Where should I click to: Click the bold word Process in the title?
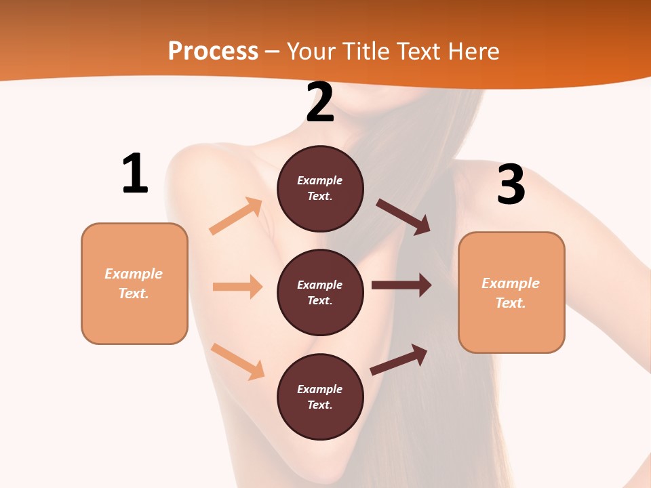[213, 51]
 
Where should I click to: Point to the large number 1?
[134, 174]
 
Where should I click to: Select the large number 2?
[320, 102]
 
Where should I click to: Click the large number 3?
[511, 185]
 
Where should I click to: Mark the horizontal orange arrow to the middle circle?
[237, 287]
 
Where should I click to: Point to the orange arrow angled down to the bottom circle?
[237, 361]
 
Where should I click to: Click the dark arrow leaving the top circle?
[403, 217]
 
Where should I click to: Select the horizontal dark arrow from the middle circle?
[401, 285]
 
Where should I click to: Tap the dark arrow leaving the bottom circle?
[399, 360]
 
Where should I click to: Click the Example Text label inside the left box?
[134, 283]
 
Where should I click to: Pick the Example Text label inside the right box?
[511, 293]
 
